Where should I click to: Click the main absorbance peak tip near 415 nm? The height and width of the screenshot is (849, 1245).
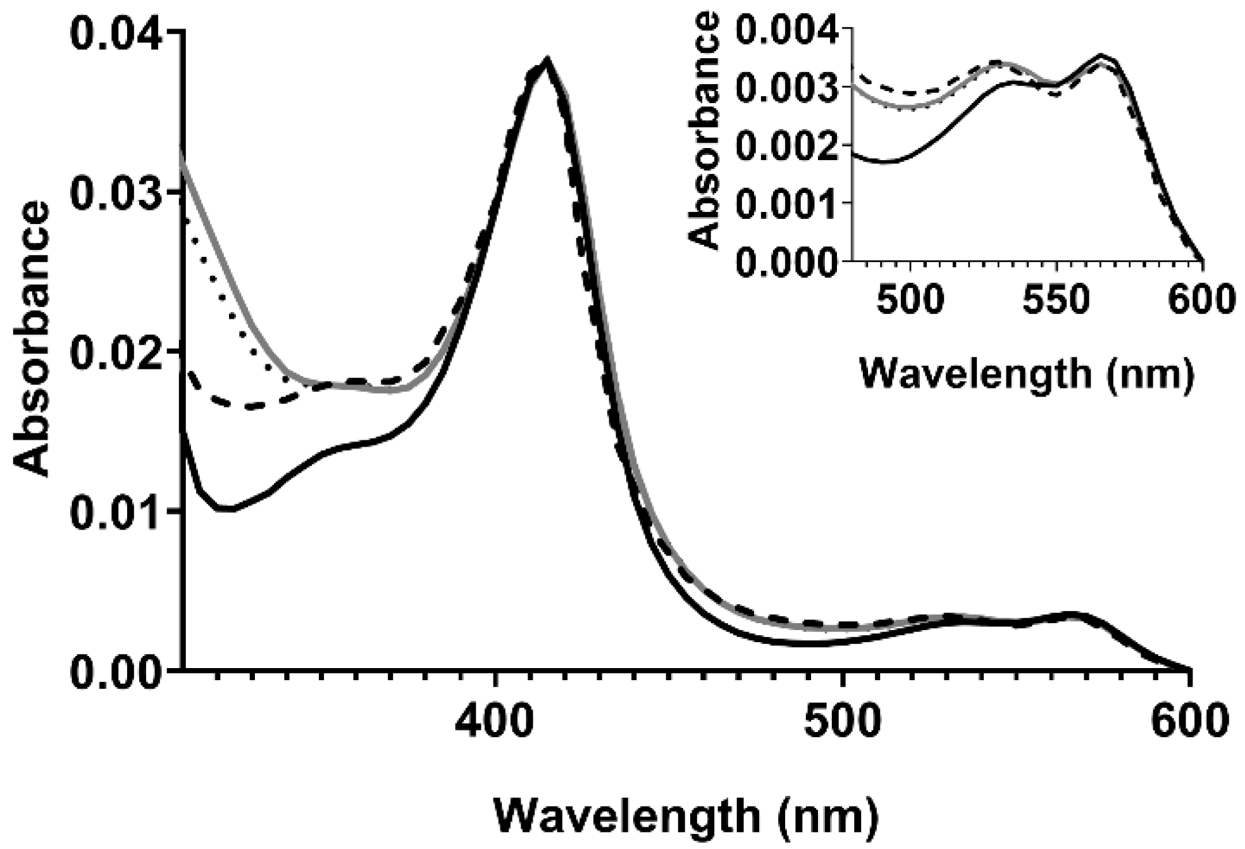click(547, 60)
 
